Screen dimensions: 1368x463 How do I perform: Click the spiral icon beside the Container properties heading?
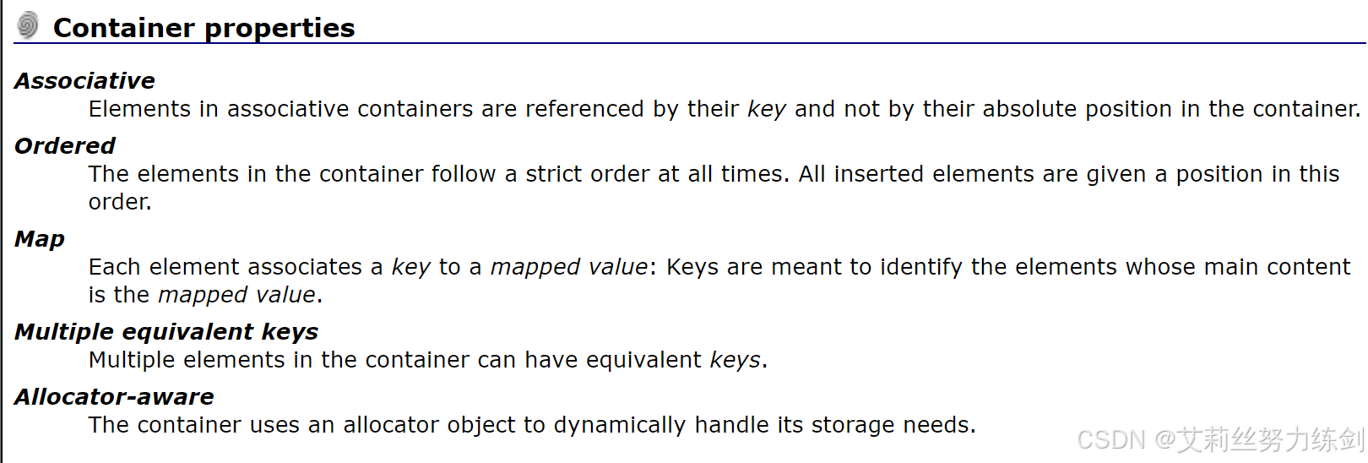pyautogui.click(x=28, y=25)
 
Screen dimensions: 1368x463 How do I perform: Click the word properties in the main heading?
pyautogui.click(x=280, y=28)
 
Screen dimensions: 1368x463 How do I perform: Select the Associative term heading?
pyautogui.click(x=84, y=81)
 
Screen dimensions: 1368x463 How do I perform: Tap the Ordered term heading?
pyautogui.click(x=65, y=146)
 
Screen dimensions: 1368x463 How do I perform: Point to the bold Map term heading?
pyautogui.click(x=40, y=239)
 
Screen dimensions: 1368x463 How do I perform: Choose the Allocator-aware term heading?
pyautogui.click(x=114, y=397)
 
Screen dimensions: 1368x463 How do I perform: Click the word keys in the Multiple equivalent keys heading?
pyautogui.click(x=290, y=332)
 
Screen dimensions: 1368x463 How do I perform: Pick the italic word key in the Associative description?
pyautogui.click(x=766, y=110)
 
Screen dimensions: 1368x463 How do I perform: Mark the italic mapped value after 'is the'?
pyautogui.click(x=236, y=295)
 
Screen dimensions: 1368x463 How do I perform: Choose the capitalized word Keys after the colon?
pyautogui.click(x=692, y=267)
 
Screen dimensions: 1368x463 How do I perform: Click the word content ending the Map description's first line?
pyautogui.click(x=1308, y=267)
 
